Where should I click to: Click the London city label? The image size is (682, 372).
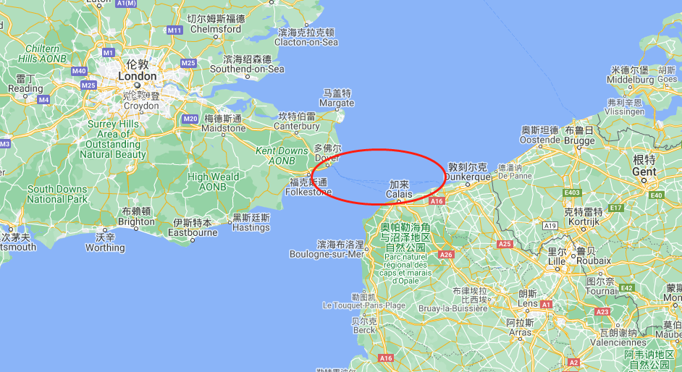137,76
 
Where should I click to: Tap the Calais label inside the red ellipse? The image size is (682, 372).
399,194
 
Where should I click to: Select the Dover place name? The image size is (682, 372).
328,158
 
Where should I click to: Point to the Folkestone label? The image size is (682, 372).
310,192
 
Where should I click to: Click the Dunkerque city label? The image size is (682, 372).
468,177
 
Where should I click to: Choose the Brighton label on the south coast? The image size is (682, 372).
136,222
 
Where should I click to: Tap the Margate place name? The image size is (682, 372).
337,103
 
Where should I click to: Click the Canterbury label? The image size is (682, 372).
297,126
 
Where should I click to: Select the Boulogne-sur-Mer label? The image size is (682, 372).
327,254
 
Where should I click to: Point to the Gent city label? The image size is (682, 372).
644,172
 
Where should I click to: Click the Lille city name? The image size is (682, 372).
556,261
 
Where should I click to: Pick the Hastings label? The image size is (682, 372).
251,227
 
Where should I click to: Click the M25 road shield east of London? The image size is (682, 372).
188,64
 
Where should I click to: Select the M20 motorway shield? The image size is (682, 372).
190,119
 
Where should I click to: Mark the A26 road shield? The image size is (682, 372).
446,254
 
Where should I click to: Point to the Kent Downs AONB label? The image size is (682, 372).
282,155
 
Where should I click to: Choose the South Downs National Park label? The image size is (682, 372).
57,194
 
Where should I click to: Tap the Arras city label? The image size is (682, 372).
519,333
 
